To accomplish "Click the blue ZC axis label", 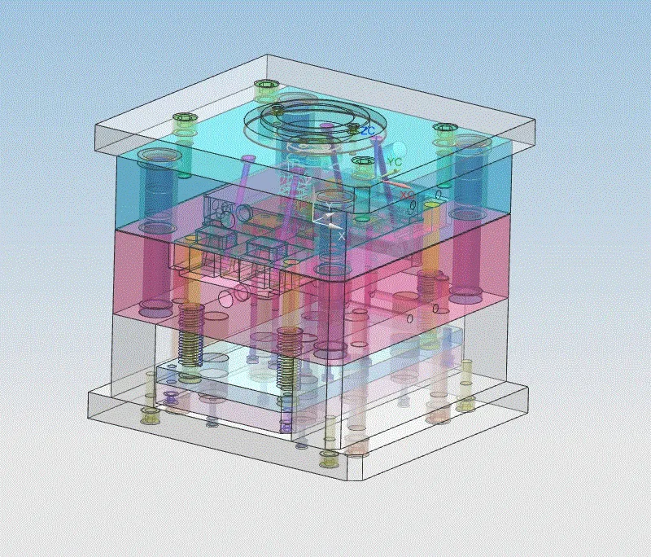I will point(368,130).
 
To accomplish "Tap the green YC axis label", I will point(395,163).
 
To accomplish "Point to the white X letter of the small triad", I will point(341,235).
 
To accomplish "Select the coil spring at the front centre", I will point(286,358).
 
